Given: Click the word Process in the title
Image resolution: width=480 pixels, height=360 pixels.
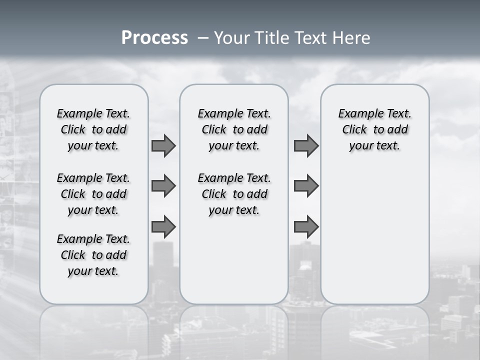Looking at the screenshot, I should pyautogui.click(x=154, y=38).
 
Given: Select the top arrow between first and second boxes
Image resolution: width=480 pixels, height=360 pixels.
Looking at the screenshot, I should pyautogui.click(x=163, y=146).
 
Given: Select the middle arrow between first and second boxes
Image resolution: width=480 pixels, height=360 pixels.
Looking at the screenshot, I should pyautogui.click(x=163, y=186).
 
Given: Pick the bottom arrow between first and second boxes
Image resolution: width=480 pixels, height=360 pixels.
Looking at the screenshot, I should pyautogui.click(x=163, y=226).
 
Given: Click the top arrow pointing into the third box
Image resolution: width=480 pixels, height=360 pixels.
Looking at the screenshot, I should pyautogui.click(x=306, y=146).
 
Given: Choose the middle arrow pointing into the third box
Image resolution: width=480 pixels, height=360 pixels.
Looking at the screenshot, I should pyautogui.click(x=306, y=186).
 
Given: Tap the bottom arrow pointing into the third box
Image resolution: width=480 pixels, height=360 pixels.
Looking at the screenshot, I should pyautogui.click(x=306, y=226).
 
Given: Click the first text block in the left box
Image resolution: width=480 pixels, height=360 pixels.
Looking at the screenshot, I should pyautogui.click(x=93, y=129).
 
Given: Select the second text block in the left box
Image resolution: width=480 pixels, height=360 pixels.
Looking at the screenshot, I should pyautogui.click(x=93, y=194).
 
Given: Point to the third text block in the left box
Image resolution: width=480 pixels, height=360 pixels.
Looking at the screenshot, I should pyautogui.click(x=93, y=255).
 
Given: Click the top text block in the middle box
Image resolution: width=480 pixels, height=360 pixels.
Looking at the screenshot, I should pyautogui.click(x=234, y=129).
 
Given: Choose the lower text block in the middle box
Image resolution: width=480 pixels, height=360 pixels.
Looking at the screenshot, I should pyautogui.click(x=234, y=194).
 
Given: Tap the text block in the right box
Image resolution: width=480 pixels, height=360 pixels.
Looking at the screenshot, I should pyautogui.click(x=374, y=129).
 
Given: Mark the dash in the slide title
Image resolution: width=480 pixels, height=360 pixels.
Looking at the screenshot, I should pyautogui.click(x=203, y=38).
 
